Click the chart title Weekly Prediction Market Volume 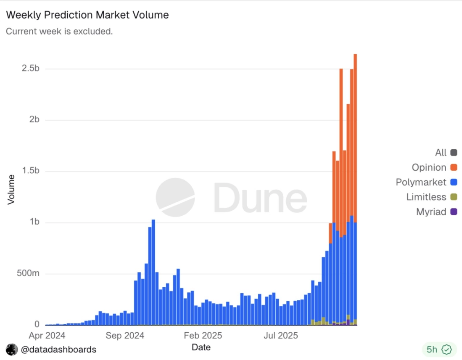coord(87,15)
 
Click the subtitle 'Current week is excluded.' coord(59,32)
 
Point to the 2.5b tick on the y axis coord(30,69)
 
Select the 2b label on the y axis coord(34,120)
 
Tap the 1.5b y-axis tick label coord(30,171)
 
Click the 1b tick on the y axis coord(34,222)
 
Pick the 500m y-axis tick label coord(28,274)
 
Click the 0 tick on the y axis coord(37,325)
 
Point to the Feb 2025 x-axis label coord(203,336)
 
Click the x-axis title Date coord(201,347)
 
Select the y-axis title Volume coord(11,190)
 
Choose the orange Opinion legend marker coord(454,167)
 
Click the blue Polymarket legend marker coord(454,182)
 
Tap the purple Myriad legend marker coord(454,212)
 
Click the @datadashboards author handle coord(58,349)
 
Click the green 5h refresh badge coord(439,349)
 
